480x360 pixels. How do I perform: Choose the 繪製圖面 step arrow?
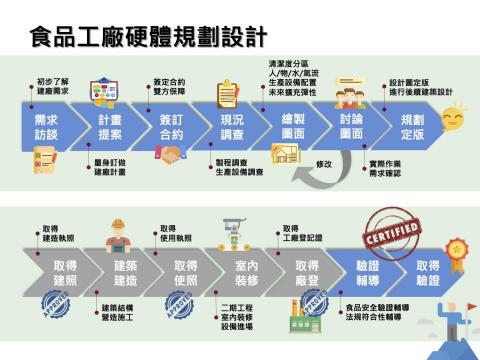point(292,127)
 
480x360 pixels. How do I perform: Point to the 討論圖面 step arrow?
point(351,127)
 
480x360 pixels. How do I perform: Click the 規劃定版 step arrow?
point(410,127)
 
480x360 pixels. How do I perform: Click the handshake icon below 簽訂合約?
point(171,156)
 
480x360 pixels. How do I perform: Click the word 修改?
point(323,162)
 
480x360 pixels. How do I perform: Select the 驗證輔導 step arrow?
point(367,272)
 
